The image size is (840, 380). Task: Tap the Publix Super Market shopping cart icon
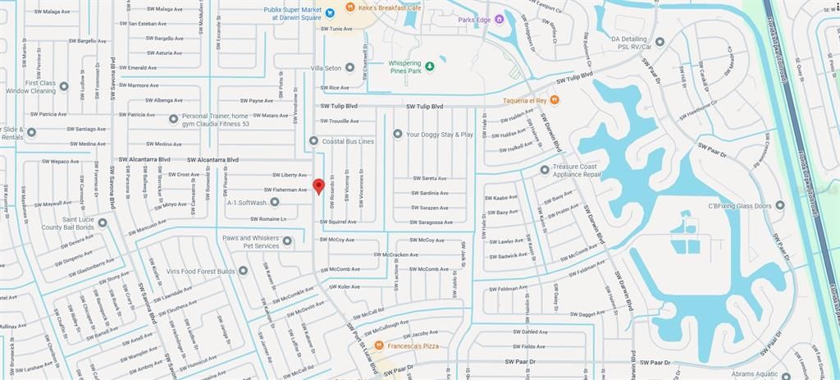point(329,12)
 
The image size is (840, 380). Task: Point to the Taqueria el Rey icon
point(555,100)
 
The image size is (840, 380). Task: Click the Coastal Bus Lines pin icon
point(313,141)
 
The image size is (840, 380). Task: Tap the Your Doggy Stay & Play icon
point(397,134)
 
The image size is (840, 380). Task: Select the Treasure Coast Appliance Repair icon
point(544,170)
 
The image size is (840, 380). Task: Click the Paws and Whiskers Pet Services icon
point(287,241)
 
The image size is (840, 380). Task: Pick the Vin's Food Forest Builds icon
point(244,271)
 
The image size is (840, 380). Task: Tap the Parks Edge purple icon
point(498,19)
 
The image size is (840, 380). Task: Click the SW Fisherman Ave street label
point(285,190)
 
